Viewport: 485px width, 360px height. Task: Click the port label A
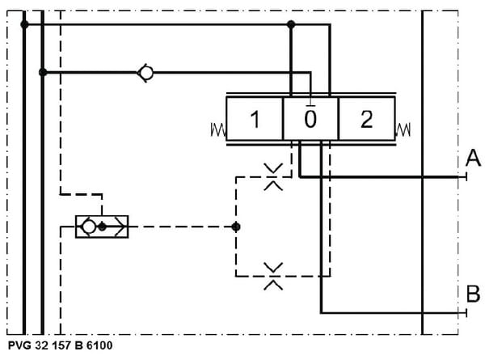(x=473, y=159)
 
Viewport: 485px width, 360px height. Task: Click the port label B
(x=473, y=294)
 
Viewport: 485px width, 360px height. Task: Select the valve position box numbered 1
(x=255, y=119)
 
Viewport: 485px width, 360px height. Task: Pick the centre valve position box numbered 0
(x=311, y=119)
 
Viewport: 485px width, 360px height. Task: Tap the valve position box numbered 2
(x=367, y=119)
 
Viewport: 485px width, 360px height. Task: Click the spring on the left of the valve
(x=218, y=129)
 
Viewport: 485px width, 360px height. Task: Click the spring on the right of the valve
(x=403, y=129)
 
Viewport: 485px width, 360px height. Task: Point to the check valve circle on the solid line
(x=145, y=73)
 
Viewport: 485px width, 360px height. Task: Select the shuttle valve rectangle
(x=102, y=227)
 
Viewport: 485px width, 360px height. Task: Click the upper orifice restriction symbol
(x=273, y=176)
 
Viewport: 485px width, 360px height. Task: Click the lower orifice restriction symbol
(x=273, y=276)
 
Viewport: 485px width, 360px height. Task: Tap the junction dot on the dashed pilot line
(x=236, y=227)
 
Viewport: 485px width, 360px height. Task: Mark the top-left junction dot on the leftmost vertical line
(x=24, y=24)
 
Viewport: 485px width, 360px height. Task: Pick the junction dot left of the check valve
(x=43, y=73)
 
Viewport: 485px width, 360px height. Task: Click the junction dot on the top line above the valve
(x=291, y=24)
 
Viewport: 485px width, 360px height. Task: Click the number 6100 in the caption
(x=99, y=345)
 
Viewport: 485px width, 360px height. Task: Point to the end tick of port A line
(x=466, y=177)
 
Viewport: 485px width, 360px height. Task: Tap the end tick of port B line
(x=466, y=313)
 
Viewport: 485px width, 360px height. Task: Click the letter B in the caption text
(x=79, y=345)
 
